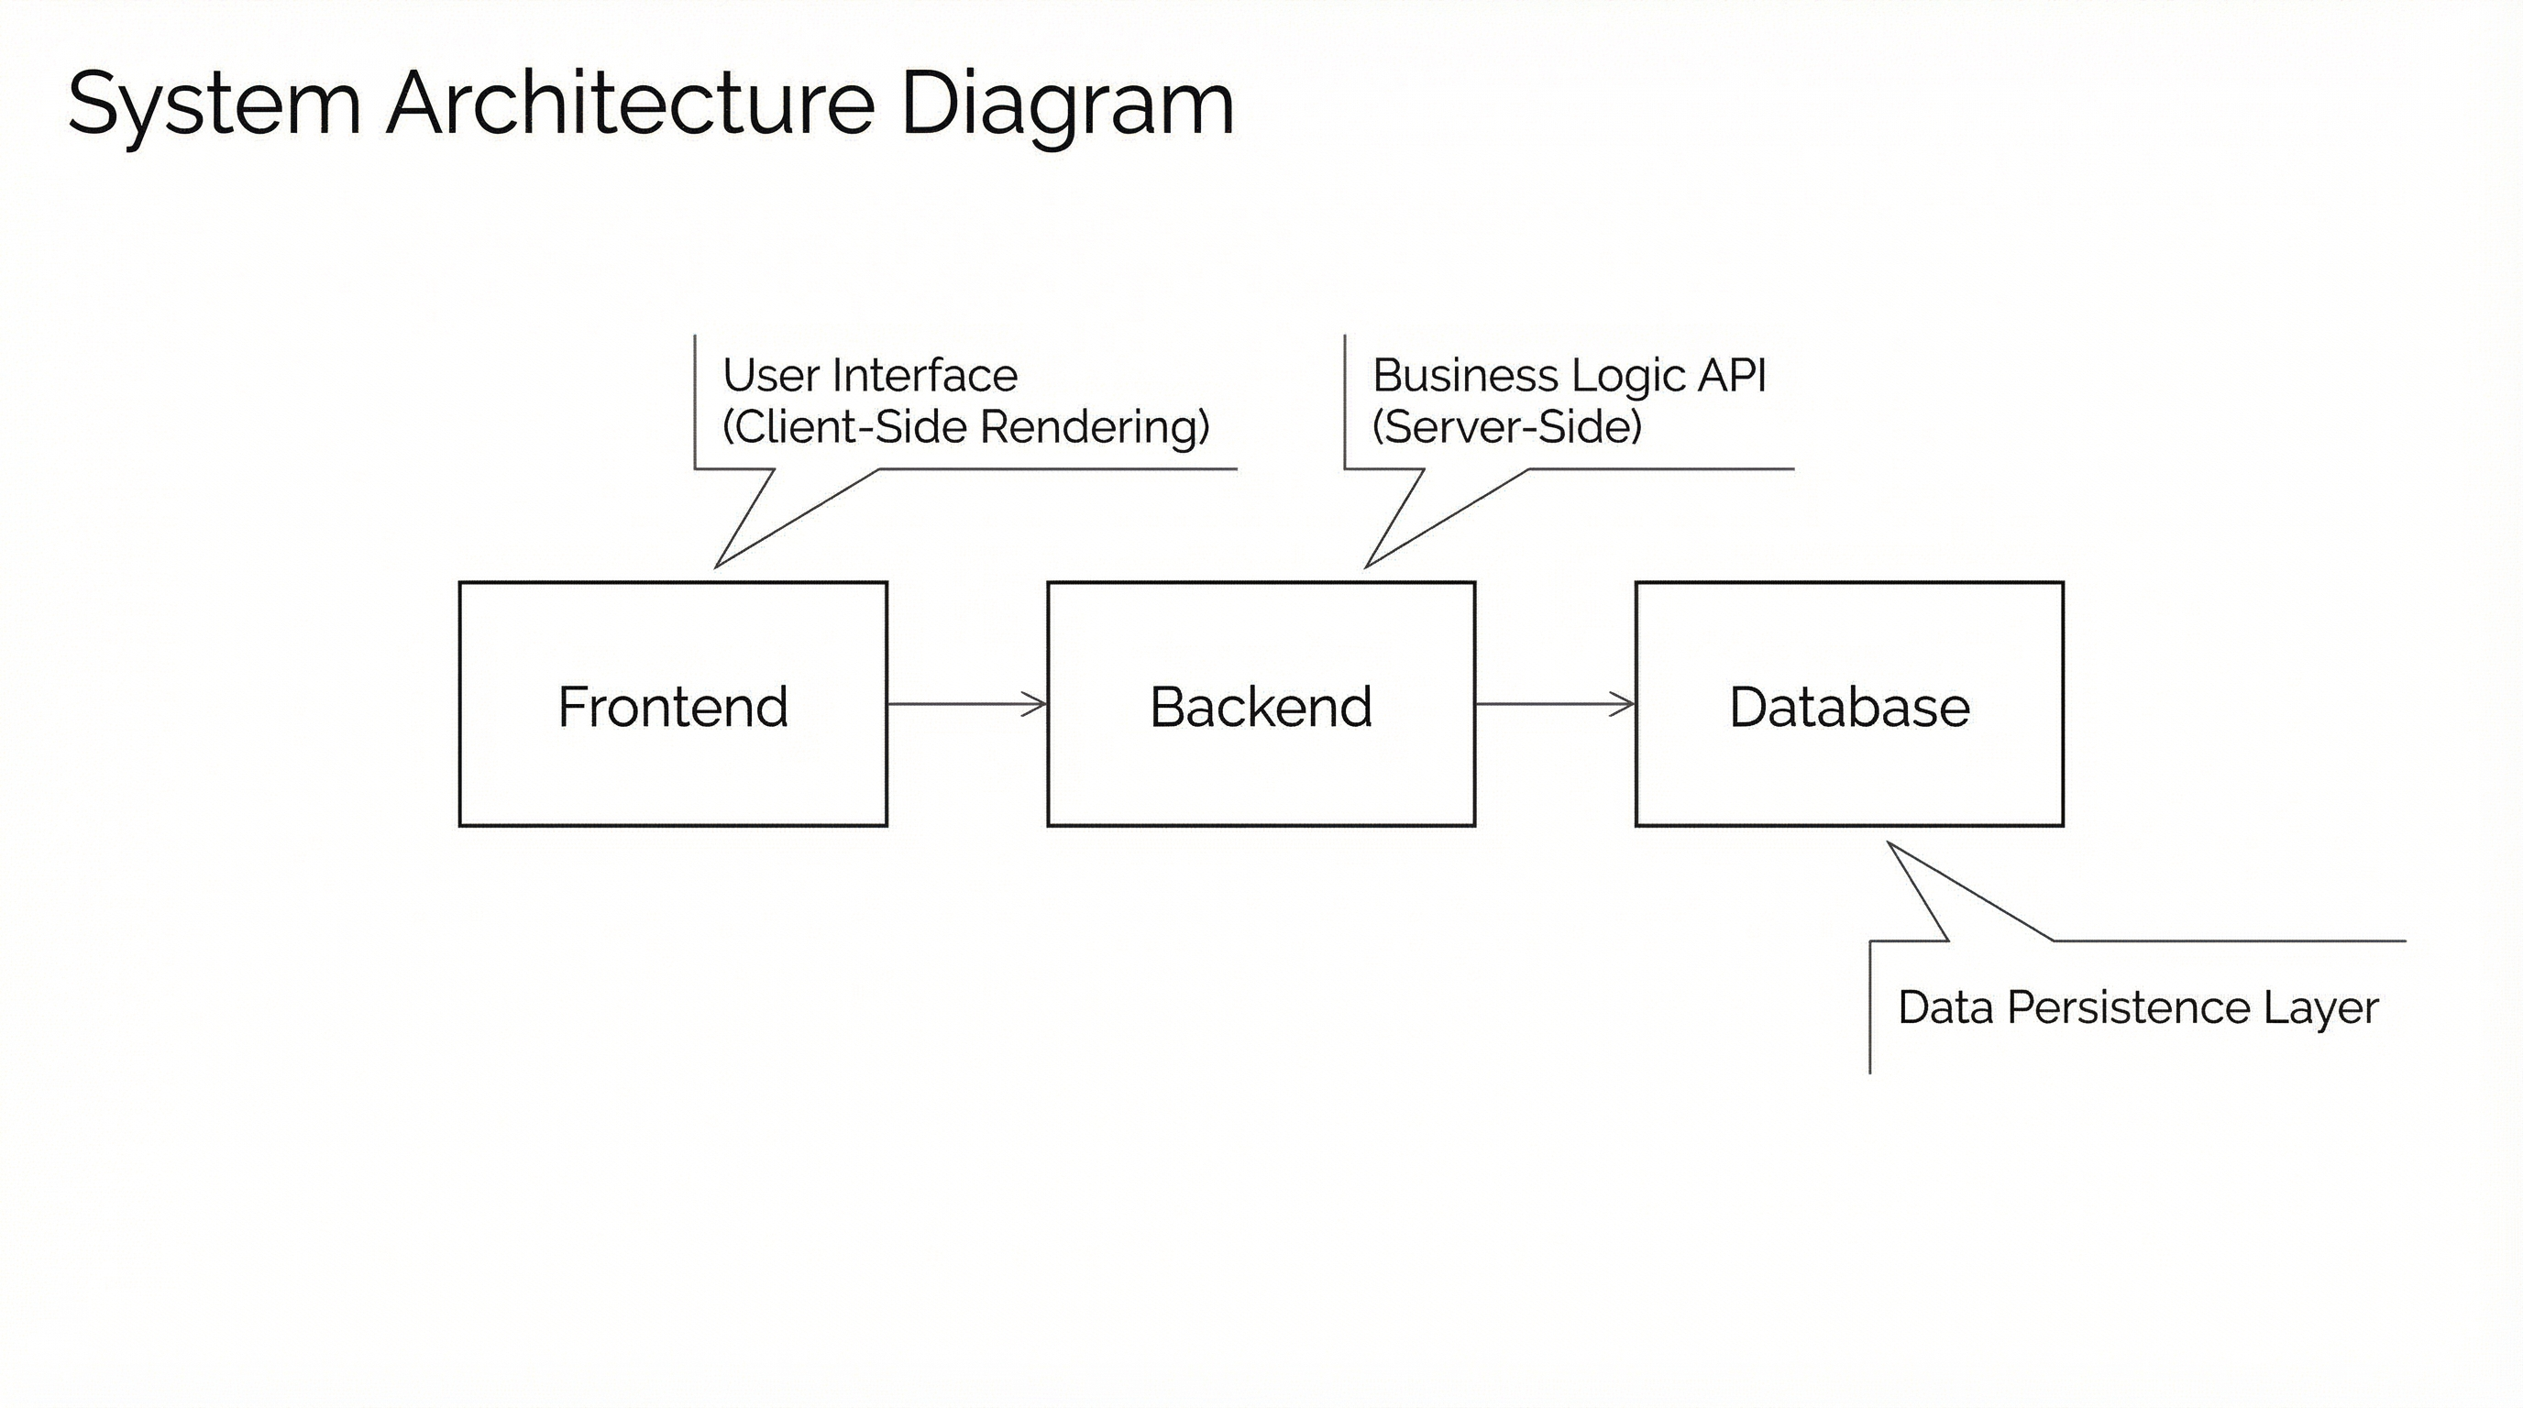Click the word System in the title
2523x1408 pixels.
point(214,104)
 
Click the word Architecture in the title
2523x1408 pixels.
point(631,104)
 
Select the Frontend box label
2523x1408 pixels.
point(673,707)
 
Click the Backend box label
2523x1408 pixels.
point(1261,707)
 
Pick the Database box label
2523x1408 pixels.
point(1849,707)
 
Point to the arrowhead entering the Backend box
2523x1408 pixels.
point(1038,704)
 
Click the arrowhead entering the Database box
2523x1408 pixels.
point(1625,704)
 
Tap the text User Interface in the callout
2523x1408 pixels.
point(870,375)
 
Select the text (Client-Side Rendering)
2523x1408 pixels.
point(965,427)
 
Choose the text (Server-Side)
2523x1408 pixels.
point(1506,427)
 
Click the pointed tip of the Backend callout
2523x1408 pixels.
point(1367,565)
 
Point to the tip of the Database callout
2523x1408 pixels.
point(1889,844)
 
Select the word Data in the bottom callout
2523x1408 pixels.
point(1945,1007)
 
